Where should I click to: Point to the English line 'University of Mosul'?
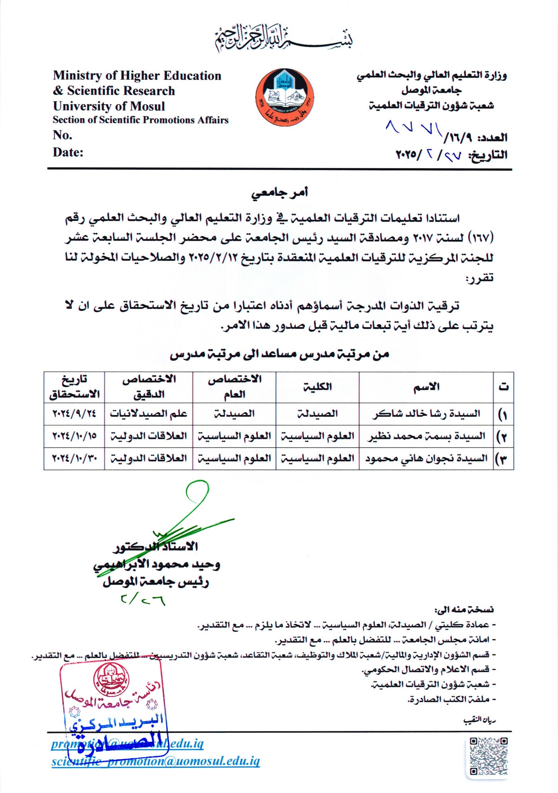[109, 106]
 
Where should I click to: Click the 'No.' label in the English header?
[63, 135]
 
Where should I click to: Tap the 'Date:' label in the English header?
[68, 152]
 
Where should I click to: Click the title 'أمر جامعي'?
[279, 193]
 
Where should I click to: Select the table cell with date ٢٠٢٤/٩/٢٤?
[74, 414]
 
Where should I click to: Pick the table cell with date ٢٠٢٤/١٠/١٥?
[74, 436]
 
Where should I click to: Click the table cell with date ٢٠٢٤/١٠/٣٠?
[74, 459]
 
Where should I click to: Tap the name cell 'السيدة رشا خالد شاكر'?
[426, 414]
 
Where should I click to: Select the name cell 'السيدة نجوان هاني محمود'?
[426, 459]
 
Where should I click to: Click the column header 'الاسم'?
[426, 387]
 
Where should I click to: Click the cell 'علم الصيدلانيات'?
[148, 414]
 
